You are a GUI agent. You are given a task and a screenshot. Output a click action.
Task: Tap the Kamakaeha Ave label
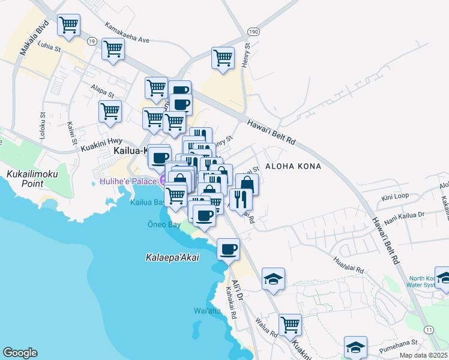127,33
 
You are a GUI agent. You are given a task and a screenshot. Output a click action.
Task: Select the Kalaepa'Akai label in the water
172,257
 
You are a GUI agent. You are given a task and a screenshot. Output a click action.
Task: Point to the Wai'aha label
208,310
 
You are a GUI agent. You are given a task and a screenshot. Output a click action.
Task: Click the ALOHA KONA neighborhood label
293,166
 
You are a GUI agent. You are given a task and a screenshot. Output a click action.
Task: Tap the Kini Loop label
395,196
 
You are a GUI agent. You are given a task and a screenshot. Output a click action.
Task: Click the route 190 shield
255,31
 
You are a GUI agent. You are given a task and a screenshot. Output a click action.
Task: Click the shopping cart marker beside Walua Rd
289,325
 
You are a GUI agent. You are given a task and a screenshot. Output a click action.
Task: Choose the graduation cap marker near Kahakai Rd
273,279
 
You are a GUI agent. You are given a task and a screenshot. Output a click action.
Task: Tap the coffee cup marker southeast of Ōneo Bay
228,249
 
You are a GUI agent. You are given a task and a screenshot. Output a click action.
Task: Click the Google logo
20,353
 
